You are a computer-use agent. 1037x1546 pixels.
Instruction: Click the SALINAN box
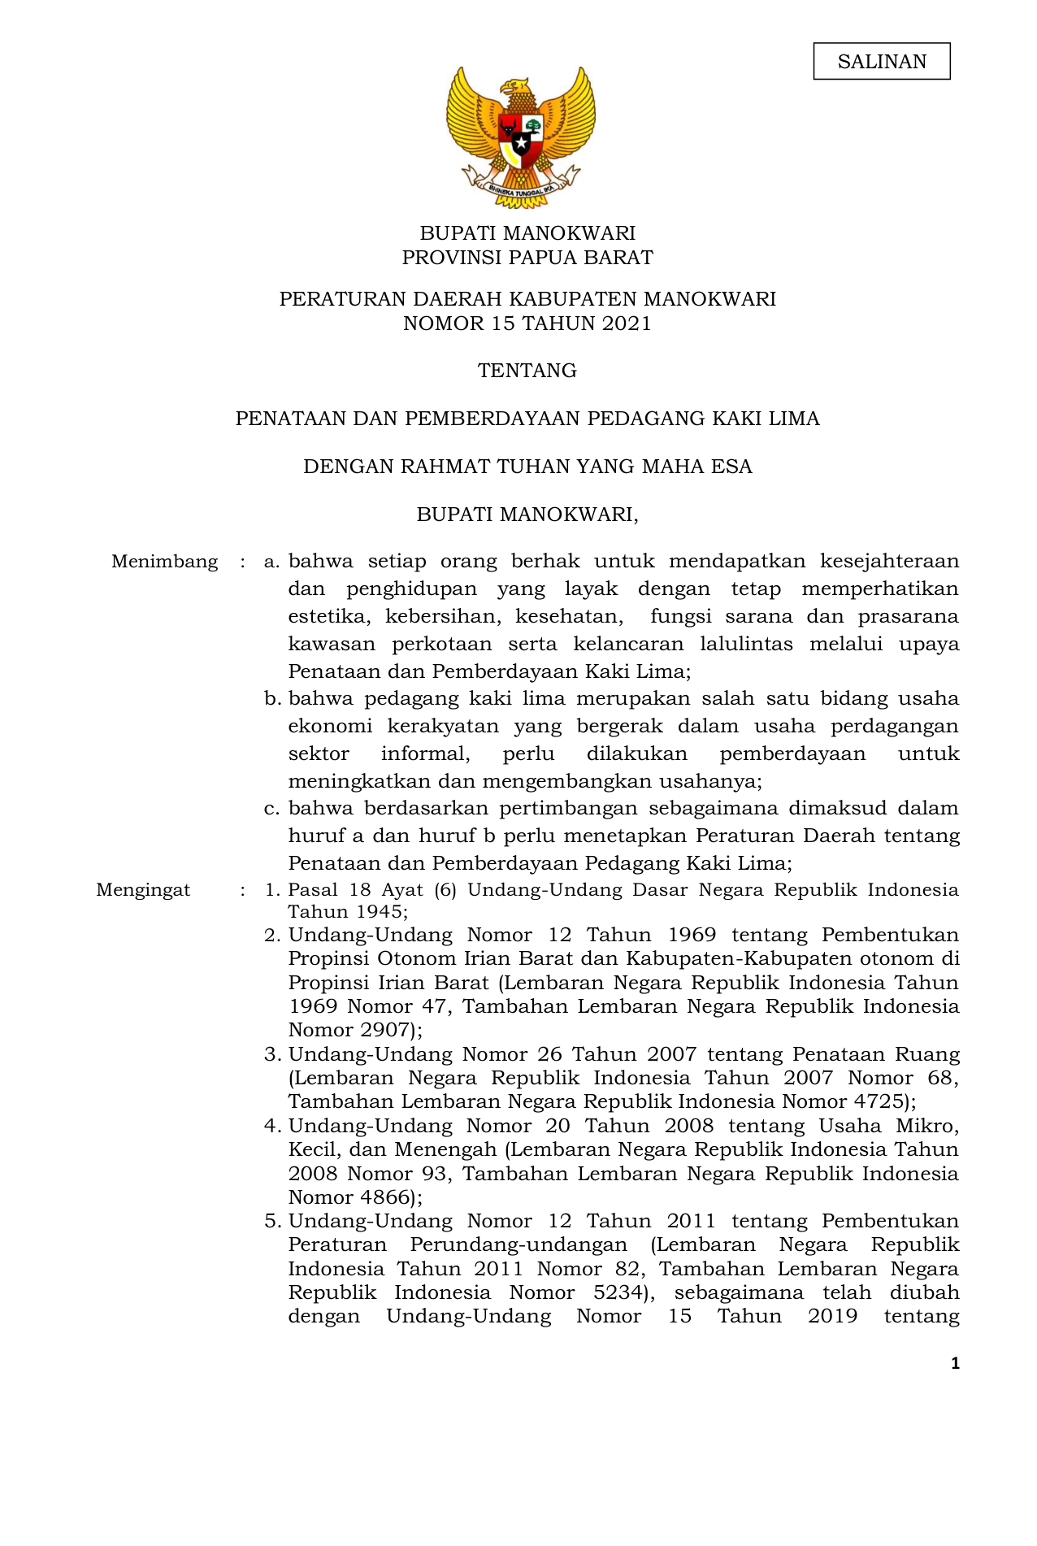tap(881, 62)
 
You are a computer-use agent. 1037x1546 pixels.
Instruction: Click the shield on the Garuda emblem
tap(520, 139)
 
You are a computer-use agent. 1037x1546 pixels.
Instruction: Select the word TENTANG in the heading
tap(527, 371)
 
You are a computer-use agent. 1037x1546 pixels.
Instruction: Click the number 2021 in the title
tap(626, 324)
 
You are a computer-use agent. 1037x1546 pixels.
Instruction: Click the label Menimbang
tap(164, 562)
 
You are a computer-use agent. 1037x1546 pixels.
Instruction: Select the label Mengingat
tap(143, 890)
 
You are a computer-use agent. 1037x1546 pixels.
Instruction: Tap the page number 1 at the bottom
tap(955, 1363)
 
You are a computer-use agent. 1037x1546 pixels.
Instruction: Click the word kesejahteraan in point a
tap(889, 562)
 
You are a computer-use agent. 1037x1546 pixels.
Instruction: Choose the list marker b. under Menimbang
tap(272, 699)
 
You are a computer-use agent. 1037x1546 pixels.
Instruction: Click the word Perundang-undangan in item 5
tap(518, 1245)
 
